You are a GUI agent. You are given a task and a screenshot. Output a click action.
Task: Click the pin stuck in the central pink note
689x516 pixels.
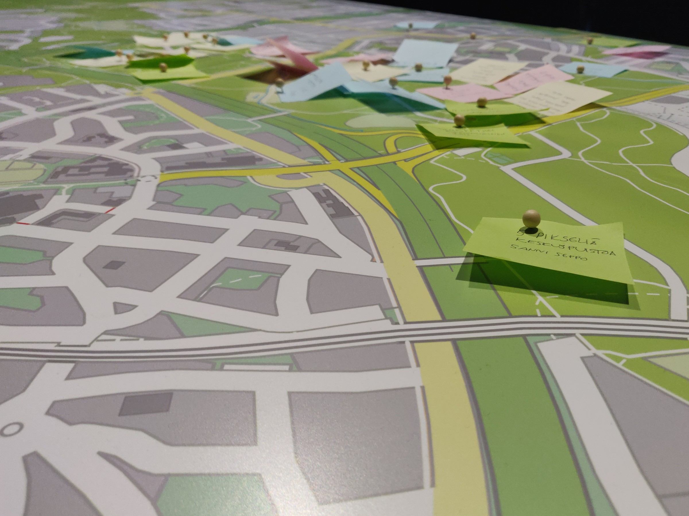point(447,80)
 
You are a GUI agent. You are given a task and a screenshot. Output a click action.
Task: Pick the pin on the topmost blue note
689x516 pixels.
point(410,26)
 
